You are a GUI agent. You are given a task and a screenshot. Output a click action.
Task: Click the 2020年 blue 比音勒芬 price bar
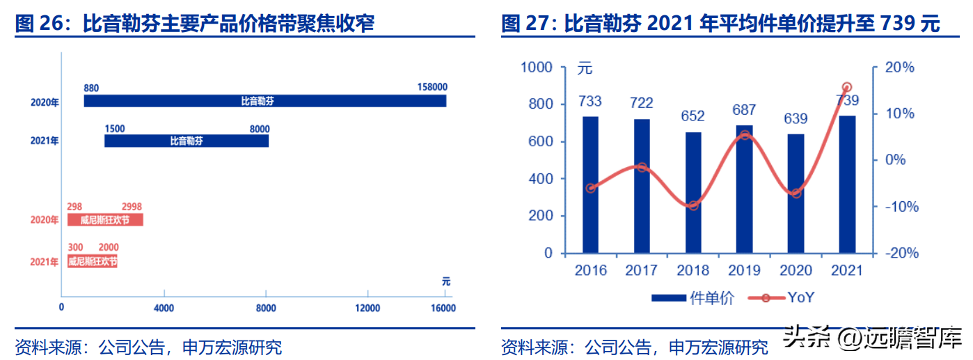(x=264, y=101)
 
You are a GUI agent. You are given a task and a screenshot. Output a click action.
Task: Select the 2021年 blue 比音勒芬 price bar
(x=186, y=141)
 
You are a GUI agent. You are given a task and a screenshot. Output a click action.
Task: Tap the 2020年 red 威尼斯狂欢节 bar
(x=105, y=220)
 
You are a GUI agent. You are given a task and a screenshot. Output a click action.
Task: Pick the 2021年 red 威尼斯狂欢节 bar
(x=92, y=262)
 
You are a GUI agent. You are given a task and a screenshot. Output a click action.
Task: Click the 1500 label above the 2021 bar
(x=114, y=129)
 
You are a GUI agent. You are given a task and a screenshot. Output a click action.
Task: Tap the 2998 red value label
(x=132, y=207)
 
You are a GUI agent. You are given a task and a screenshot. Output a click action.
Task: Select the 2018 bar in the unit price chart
(x=693, y=192)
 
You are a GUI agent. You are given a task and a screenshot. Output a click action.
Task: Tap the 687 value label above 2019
(x=744, y=110)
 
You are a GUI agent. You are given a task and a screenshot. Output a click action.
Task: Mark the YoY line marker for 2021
(x=847, y=87)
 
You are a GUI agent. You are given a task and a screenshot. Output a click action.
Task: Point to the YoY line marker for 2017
(x=642, y=167)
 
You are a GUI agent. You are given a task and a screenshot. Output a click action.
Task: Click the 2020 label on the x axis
(x=796, y=270)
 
